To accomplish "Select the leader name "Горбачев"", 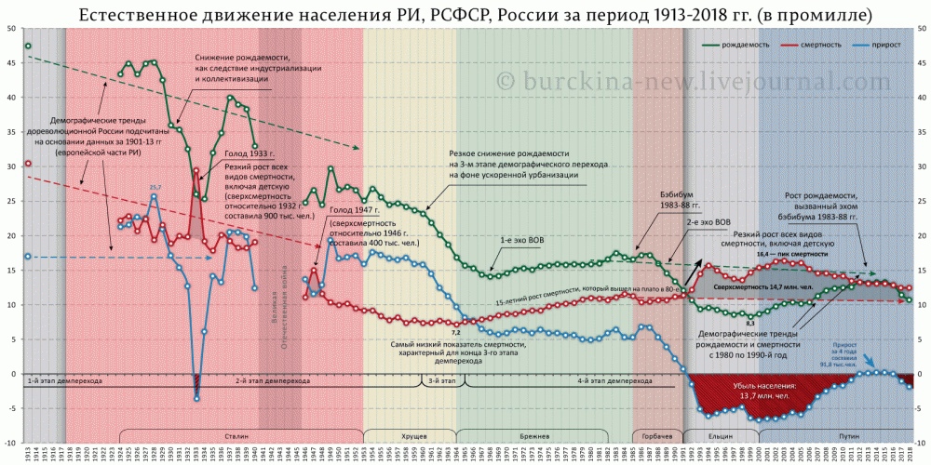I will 657,436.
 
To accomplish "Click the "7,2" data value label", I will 456,332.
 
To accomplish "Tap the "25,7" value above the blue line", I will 155,187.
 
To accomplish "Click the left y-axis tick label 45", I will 10,63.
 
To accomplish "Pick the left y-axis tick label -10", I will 9,443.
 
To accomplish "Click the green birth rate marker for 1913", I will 28,46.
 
